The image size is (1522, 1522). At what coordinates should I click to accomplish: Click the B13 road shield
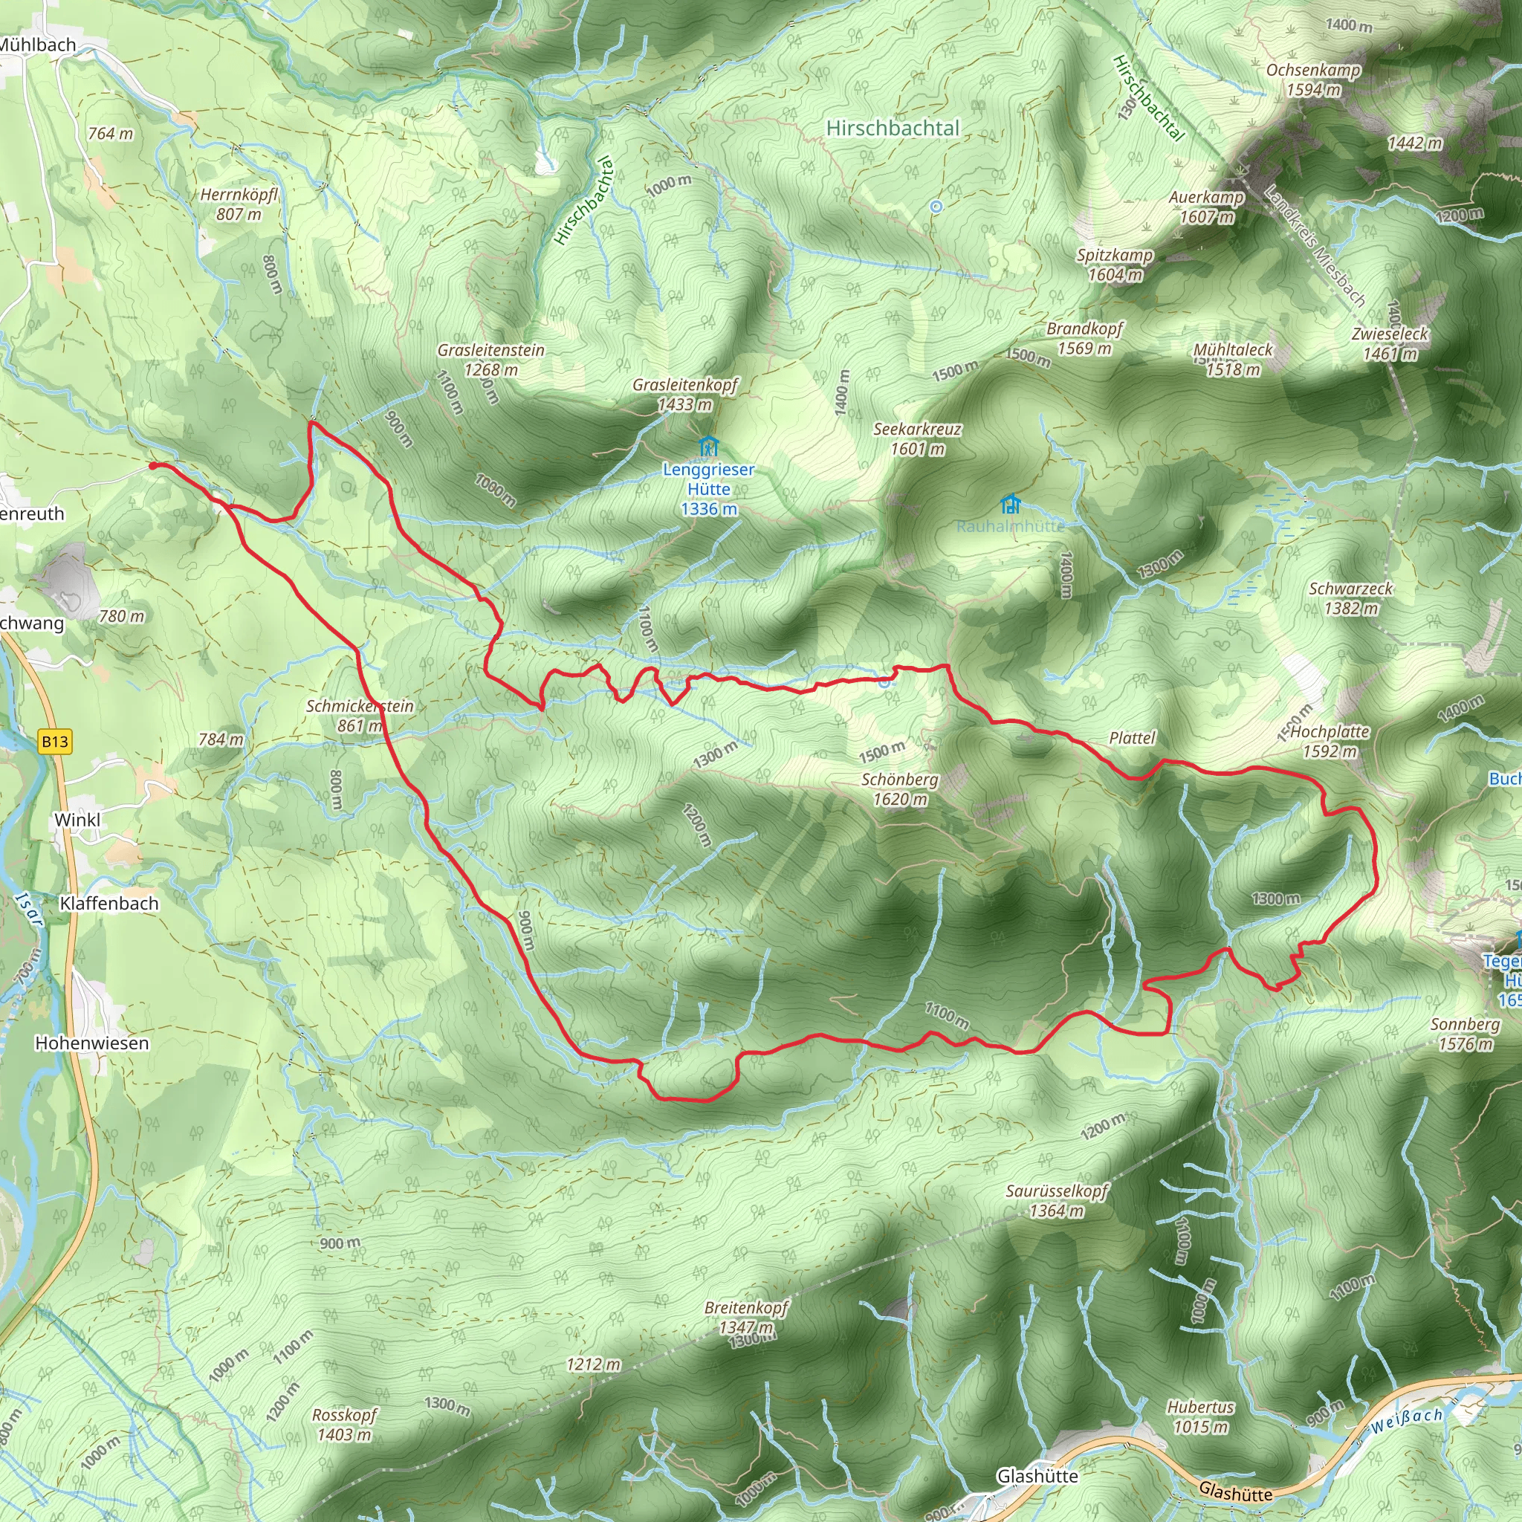coord(55,741)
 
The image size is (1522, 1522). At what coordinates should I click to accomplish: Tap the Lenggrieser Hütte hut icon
coord(708,447)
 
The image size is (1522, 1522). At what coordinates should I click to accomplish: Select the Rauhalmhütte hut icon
coord(1010,503)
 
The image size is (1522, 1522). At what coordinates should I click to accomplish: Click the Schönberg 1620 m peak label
coord(900,788)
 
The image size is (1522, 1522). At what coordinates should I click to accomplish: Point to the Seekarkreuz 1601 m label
coord(917,438)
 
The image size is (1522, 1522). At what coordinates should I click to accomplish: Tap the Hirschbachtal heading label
coord(893,129)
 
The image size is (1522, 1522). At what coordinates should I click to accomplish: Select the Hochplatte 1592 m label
coord(1330,741)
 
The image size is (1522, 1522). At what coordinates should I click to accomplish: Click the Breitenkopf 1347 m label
coord(746,1317)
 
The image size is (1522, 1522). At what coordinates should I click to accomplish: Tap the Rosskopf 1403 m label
coord(344,1425)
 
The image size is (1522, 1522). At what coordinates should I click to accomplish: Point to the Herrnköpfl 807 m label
coord(239,204)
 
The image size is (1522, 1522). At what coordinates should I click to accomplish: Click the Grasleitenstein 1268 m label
coord(490,359)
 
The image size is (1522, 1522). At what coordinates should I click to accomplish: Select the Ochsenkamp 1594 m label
coord(1313,80)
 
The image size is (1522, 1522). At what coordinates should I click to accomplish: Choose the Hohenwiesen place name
coord(91,1043)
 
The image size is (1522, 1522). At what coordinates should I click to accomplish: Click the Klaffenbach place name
coord(109,904)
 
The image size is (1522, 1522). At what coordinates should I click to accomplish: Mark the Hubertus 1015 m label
coord(1201,1416)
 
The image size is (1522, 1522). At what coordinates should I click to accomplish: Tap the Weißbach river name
coord(1406,1420)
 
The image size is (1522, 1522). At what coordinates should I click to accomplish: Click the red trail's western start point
coord(153,465)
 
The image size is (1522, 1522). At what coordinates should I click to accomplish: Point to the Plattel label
coord(1132,738)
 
